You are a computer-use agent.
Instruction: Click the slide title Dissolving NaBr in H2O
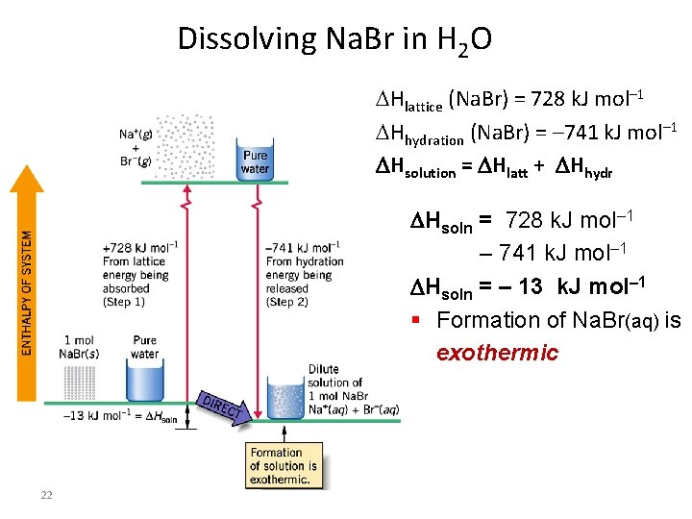[334, 40]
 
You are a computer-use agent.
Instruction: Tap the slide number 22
[46, 495]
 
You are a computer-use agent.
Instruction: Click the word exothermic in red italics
[497, 353]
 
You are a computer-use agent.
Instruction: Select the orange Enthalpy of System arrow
[32, 279]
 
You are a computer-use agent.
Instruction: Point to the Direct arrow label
[222, 408]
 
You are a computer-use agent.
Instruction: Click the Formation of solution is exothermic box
[283, 466]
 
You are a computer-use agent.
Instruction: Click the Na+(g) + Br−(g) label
[135, 147]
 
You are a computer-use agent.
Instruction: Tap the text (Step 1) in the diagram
[124, 302]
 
